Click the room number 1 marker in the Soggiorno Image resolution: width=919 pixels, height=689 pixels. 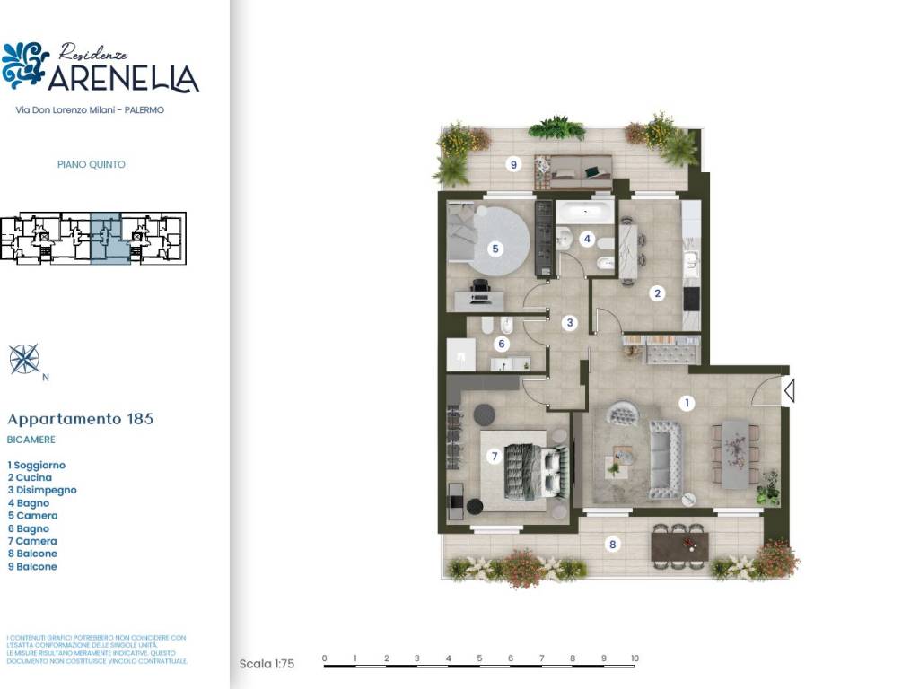tap(687, 404)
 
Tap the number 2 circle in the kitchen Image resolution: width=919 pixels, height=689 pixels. tap(657, 292)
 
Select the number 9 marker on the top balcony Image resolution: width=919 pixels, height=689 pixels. tap(513, 164)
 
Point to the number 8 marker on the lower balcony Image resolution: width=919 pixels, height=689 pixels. tap(613, 544)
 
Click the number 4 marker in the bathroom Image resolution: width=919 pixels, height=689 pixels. tap(587, 239)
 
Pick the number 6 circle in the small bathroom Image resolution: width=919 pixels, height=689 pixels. tap(502, 343)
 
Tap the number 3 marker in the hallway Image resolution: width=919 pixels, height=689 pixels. tap(569, 322)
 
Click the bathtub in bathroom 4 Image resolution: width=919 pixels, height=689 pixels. tap(584, 213)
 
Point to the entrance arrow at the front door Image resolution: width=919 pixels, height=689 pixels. tap(789, 391)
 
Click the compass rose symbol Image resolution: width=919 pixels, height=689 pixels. tap(24, 359)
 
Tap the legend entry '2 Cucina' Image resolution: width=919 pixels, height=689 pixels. tap(30, 478)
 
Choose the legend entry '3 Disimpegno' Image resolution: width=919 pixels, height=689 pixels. tap(42, 491)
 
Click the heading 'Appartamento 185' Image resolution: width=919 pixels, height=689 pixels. tap(80, 419)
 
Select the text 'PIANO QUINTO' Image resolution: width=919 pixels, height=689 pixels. tap(91, 165)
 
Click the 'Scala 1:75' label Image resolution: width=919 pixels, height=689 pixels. tap(267, 664)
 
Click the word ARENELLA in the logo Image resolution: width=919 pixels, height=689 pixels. tap(123, 79)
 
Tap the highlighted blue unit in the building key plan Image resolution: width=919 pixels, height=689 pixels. tap(105, 237)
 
